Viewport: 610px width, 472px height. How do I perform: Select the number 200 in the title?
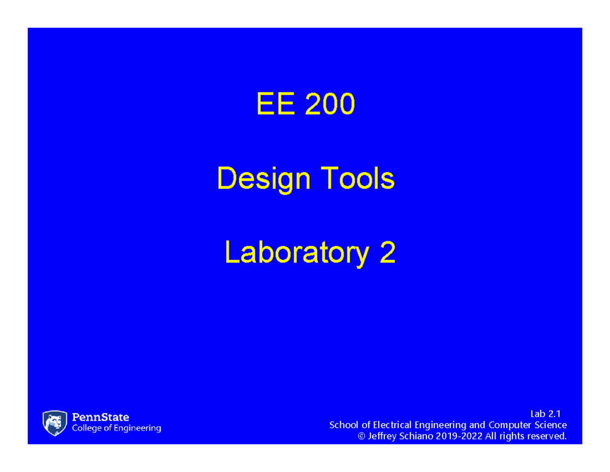coord(329,104)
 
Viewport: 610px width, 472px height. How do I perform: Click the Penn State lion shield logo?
coord(55,423)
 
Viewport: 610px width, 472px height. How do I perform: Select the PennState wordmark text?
coord(101,418)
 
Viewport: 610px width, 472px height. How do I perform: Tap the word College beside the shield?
coord(88,429)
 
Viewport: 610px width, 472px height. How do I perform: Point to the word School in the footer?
coord(344,425)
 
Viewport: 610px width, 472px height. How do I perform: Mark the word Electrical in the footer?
coord(394,425)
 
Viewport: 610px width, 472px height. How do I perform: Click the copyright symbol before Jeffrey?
coord(362,436)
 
